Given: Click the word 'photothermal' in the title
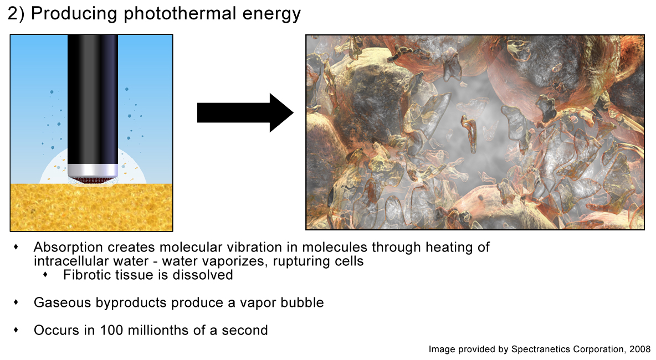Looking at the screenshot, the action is [x=180, y=14].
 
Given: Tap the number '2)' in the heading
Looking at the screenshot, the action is [x=16, y=14].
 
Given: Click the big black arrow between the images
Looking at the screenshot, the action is [x=245, y=113].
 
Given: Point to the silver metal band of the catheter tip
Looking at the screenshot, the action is [x=93, y=170].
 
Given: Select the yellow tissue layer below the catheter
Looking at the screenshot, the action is [x=91, y=207].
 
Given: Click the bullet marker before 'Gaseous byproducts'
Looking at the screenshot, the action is [x=16, y=302].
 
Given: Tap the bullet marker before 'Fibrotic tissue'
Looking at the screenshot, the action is [x=45, y=275].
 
